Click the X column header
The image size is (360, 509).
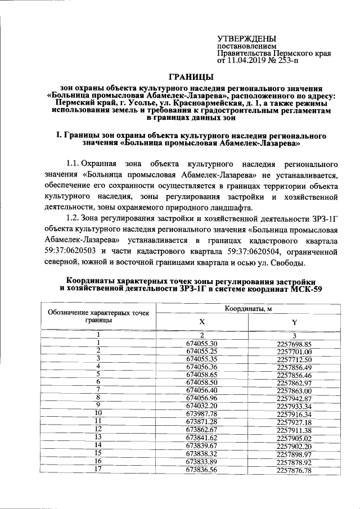click(201, 322)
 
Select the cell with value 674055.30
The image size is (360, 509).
click(201, 344)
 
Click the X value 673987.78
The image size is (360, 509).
click(201, 416)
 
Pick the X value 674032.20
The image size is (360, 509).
click(201, 407)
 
